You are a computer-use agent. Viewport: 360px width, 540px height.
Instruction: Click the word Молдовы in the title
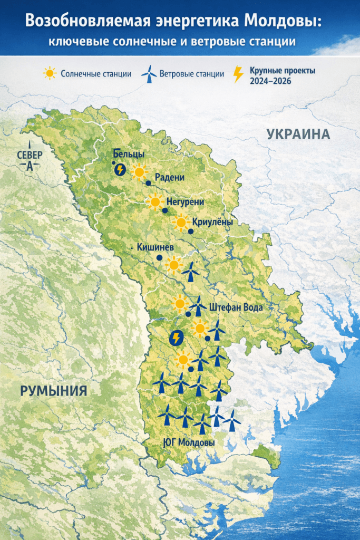pos(282,21)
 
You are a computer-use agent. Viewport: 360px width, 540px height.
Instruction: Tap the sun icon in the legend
pos(50,73)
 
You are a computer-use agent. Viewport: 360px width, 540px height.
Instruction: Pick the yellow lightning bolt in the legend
pos(238,74)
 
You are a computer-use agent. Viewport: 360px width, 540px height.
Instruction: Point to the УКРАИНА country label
pos(298,134)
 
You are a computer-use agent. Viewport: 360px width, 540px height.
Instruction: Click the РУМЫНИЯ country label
pos(53,391)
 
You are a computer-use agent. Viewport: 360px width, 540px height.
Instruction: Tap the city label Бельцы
pos(129,155)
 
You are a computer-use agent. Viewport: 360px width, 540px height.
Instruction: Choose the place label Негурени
pos(185,201)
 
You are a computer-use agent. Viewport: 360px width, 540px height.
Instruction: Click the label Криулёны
pos(212,223)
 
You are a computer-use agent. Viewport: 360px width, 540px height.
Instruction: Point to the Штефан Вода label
pos(236,307)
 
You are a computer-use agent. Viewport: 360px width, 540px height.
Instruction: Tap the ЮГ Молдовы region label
pos(189,442)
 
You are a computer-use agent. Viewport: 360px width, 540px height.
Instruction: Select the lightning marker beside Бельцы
pos(120,169)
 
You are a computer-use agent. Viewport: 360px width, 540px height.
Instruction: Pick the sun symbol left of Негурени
pos(155,201)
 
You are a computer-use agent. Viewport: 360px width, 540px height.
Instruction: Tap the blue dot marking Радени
pos(149,183)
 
